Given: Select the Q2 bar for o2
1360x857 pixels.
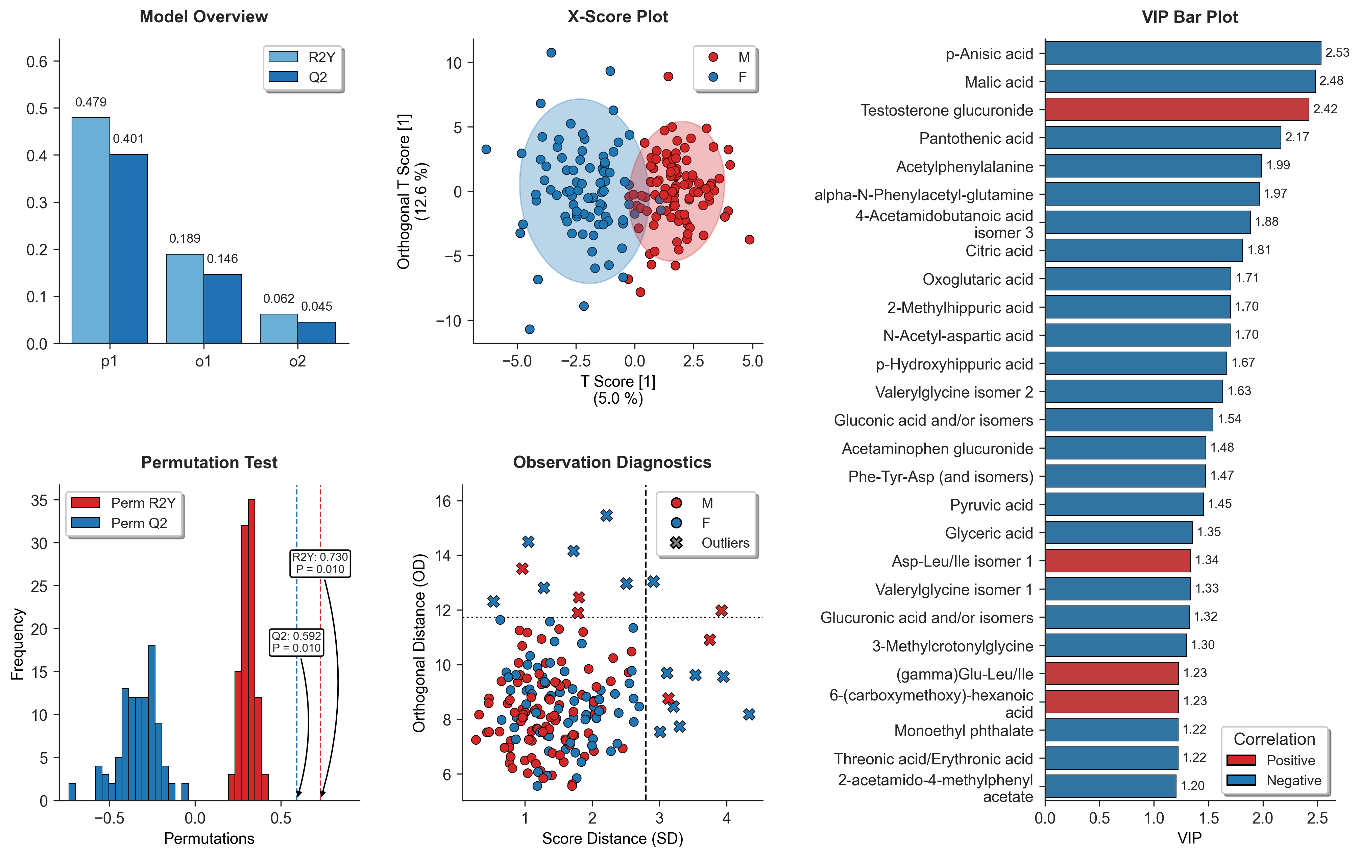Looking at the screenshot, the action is click(x=316, y=333).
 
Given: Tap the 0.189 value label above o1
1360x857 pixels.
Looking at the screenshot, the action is click(x=185, y=238).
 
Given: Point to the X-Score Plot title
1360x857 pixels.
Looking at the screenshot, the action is click(x=617, y=17).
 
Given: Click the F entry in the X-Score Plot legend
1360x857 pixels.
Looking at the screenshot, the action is click(x=729, y=77).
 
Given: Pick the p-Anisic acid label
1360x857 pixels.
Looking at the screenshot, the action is click(x=990, y=54).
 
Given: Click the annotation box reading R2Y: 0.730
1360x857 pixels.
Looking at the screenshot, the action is click(x=320, y=563).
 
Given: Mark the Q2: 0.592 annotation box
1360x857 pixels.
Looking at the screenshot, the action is click(x=296, y=642).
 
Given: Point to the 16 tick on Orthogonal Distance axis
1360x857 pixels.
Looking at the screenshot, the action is click(x=443, y=501).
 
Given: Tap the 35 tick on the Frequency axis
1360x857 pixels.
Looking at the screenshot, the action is click(x=40, y=501).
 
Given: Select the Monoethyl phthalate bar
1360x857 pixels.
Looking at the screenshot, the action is click(x=1112, y=730).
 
